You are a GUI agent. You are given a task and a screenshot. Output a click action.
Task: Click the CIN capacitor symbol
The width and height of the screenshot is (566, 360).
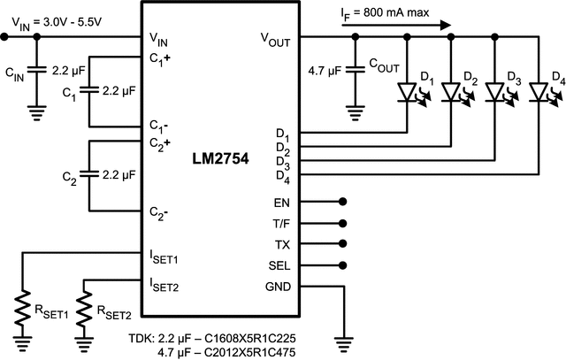point(35,69)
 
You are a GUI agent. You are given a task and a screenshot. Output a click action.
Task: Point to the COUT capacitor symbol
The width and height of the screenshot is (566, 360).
point(355,69)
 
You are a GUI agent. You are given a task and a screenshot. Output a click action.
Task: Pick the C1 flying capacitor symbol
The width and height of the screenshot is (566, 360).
point(89,90)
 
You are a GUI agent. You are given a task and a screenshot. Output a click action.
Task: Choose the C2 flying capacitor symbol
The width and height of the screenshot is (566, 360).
point(89,175)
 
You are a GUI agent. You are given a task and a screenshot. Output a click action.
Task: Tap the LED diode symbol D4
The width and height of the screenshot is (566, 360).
point(539,90)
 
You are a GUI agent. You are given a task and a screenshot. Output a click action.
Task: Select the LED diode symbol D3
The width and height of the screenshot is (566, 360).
point(496,90)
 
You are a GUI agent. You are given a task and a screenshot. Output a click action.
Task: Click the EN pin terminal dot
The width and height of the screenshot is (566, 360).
point(343,203)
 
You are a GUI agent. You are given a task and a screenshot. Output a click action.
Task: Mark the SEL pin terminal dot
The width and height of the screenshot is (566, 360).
point(343,264)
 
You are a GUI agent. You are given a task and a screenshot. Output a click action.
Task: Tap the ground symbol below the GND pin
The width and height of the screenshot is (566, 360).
point(342,340)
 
